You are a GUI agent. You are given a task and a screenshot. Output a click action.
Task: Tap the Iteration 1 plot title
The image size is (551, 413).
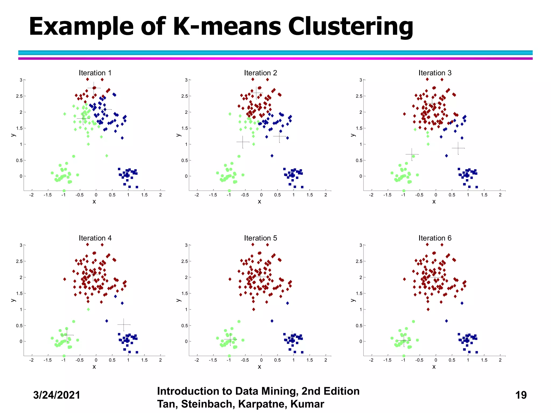[x=95, y=73]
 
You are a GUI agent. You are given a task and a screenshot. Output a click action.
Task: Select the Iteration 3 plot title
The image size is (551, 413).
[x=435, y=73]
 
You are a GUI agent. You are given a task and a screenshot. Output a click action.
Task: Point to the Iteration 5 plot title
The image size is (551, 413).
[x=260, y=238]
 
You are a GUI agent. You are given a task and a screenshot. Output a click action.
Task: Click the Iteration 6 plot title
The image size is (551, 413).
[x=435, y=238]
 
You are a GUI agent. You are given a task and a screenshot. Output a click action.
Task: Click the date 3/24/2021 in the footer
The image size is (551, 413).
[x=56, y=395]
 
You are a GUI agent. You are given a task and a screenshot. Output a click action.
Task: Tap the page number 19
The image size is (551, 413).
[x=521, y=395]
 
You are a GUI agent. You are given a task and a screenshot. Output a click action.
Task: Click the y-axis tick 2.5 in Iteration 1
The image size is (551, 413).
[x=19, y=96]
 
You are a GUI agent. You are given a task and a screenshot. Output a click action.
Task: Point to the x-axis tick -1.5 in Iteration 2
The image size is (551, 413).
[x=213, y=195]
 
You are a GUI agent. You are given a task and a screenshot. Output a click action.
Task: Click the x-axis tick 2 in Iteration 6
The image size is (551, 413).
[x=500, y=360]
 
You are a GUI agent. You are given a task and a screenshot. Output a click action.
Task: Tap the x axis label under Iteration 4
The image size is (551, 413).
[x=94, y=367]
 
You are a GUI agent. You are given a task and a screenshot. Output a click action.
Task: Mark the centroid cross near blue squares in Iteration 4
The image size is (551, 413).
[x=124, y=325]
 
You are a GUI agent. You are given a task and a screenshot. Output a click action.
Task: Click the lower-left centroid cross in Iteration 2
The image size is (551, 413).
[x=243, y=142]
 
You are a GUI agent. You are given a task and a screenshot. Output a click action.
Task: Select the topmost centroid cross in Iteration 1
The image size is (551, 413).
[x=94, y=88]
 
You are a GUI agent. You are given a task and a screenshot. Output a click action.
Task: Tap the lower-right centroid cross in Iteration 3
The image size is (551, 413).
[x=458, y=148]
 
